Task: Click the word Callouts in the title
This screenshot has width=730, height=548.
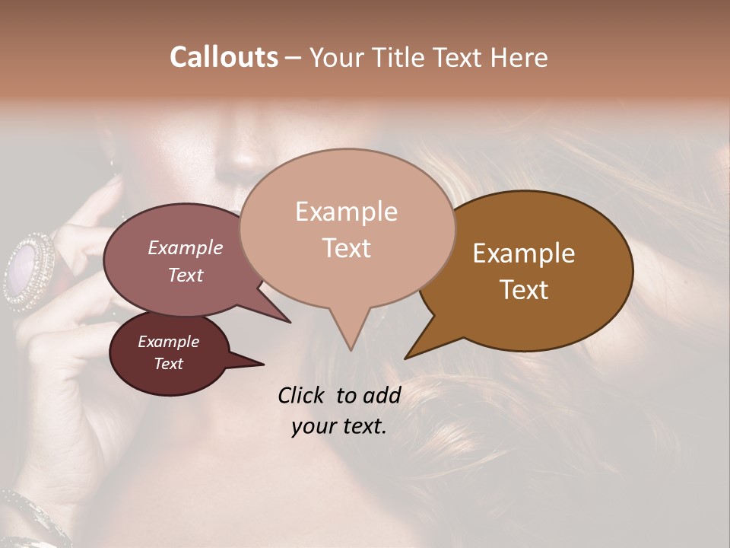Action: (x=224, y=57)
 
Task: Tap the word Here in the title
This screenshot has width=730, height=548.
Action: (x=518, y=57)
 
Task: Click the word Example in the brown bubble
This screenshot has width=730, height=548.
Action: (x=524, y=253)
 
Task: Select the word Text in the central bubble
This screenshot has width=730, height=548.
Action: (x=347, y=248)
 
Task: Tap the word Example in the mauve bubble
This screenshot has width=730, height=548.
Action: (x=186, y=247)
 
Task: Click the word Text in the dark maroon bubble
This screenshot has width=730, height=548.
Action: (x=169, y=364)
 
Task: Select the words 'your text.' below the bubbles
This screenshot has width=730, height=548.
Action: (x=339, y=426)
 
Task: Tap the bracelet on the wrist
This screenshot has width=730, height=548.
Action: (x=30, y=518)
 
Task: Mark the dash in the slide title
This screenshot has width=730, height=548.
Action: (x=294, y=58)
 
